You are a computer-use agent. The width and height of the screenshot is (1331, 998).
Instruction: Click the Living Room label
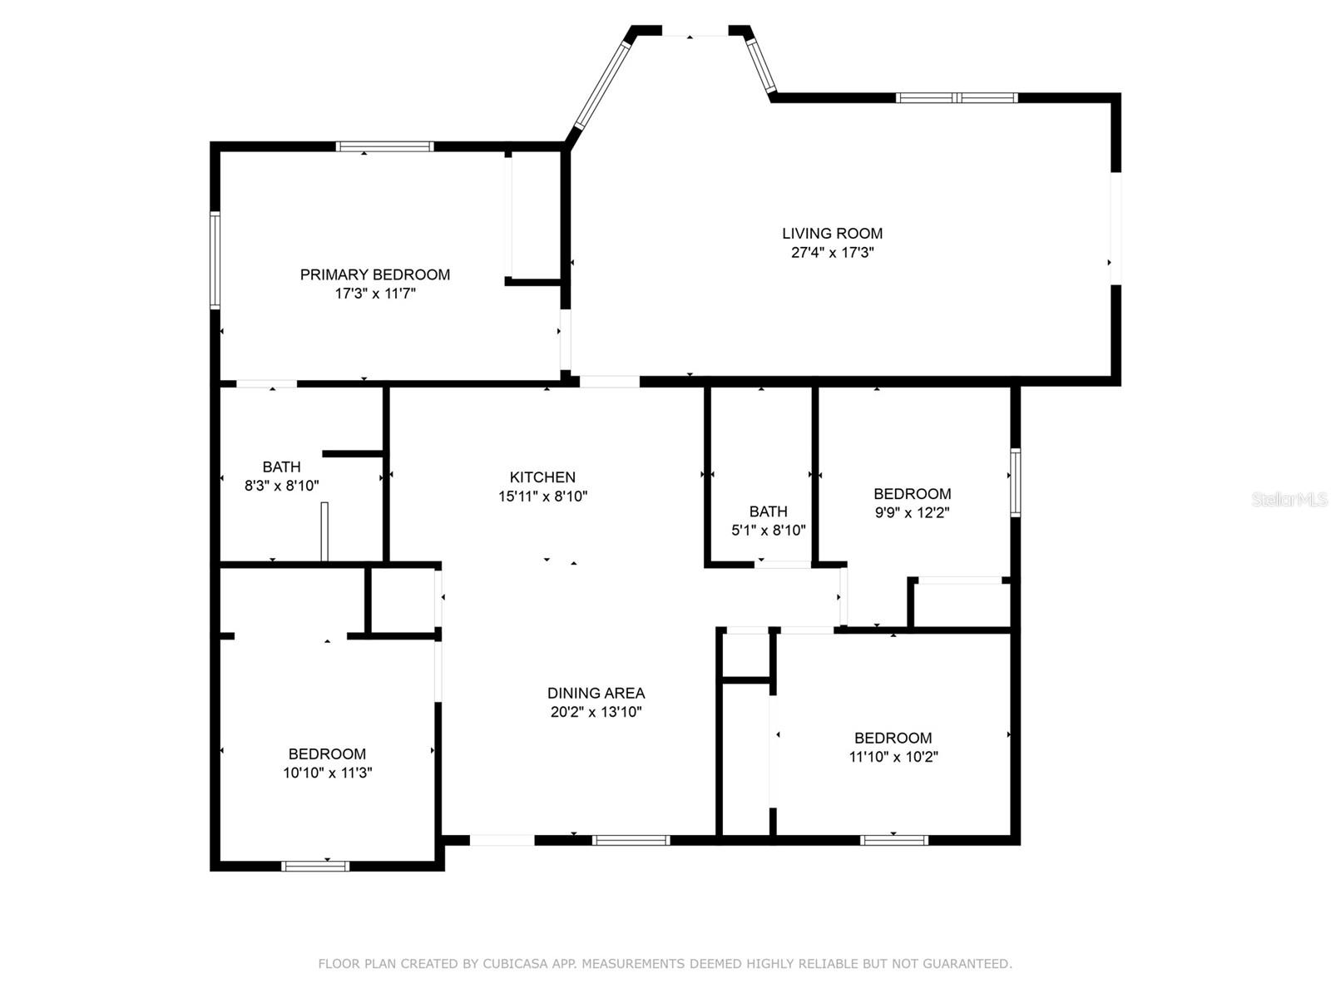pos(832,234)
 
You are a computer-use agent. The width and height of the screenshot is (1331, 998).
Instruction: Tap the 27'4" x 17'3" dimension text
pos(832,253)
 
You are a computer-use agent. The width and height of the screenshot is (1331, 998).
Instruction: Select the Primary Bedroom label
pos(375,274)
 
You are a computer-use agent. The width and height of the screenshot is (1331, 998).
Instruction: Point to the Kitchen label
pos(542,477)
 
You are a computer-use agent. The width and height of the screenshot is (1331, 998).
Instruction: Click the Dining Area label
pos(596,693)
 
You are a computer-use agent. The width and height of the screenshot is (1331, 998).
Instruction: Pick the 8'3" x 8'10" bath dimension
pos(281,486)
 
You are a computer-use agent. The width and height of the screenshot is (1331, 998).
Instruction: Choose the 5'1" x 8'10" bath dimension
pos(768,531)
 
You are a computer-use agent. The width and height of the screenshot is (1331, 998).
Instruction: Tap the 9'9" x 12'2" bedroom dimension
pos(912,513)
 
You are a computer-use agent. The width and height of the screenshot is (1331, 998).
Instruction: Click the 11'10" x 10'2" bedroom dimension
pos(893,757)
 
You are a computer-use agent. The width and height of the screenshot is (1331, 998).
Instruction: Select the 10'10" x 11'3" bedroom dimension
pos(327,773)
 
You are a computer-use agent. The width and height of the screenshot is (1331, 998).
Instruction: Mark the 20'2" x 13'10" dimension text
pos(596,712)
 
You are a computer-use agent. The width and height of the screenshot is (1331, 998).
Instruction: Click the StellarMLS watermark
pos(1289,500)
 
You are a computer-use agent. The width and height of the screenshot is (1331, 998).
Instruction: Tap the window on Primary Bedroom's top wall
pos(384,147)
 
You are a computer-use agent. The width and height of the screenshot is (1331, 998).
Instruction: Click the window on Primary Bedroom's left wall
pos(215,260)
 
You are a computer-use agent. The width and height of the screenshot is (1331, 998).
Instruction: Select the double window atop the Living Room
pos(957,98)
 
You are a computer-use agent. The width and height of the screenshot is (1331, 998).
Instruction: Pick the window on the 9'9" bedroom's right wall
pos(1015,482)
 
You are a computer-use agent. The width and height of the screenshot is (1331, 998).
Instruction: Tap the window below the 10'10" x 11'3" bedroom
pos(315,866)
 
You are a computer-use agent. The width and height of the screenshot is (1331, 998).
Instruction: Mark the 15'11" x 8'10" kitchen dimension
pos(542,497)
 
